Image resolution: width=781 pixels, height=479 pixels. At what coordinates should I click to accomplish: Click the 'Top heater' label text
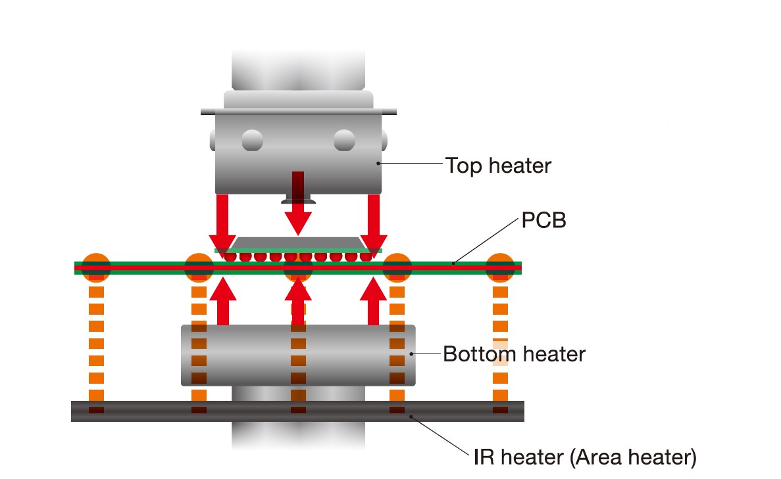[x=498, y=165]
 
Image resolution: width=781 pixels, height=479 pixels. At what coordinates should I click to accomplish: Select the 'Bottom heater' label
[x=514, y=354]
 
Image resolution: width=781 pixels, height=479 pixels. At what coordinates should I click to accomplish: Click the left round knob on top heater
[x=252, y=140]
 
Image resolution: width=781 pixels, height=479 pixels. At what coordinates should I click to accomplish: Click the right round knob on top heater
[x=344, y=140]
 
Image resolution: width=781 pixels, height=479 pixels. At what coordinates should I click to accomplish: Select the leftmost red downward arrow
[x=222, y=220]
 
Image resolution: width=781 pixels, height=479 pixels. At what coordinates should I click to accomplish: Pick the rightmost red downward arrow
[x=374, y=220]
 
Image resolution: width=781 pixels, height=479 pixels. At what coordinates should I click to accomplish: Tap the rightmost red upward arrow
[x=374, y=300]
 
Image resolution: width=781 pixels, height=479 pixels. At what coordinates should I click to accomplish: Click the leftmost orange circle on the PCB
[x=96, y=267]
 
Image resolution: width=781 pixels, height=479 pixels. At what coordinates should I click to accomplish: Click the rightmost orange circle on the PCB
[x=499, y=267]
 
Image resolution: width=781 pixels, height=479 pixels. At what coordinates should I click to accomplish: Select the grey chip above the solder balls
[x=298, y=244]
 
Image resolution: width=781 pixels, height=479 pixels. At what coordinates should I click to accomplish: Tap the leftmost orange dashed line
[x=96, y=342]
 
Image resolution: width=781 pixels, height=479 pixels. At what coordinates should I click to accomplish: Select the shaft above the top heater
[x=298, y=69]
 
